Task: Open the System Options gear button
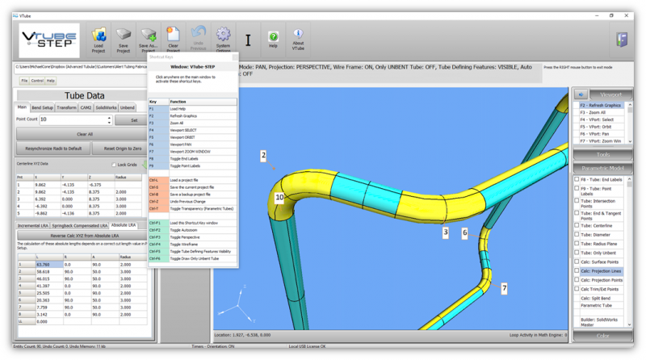tap(223, 39)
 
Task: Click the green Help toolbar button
tap(273, 39)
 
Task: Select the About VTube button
tap(298, 39)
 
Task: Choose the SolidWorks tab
tap(106, 107)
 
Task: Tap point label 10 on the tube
tap(279, 197)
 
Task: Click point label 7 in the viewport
tap(504, 288)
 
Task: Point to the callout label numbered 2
tap(262, 154)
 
